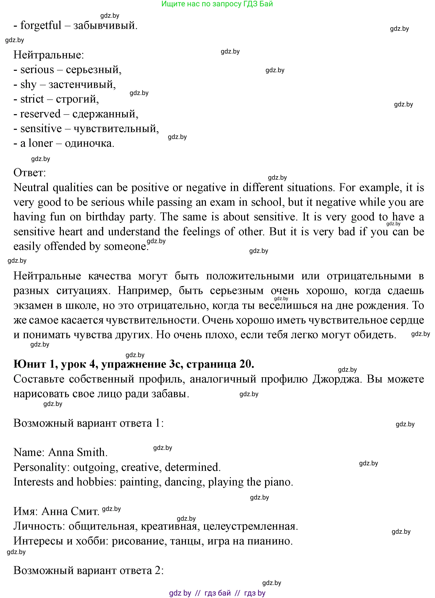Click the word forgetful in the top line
pyautogui.click(x=41, y=26)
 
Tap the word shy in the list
pyautogui.click(x=28, y=85)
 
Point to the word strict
pyautogui.click(x=32, y=99)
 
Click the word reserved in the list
pyautogui.click(x=40, y=114)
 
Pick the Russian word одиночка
pyautogui.click(x=89, y=143)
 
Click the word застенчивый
pyautogui.click(x=82, y=85)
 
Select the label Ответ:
pyautogui.click(x=30, y=173)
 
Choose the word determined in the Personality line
pyautogui.click(x=192, y=467)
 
